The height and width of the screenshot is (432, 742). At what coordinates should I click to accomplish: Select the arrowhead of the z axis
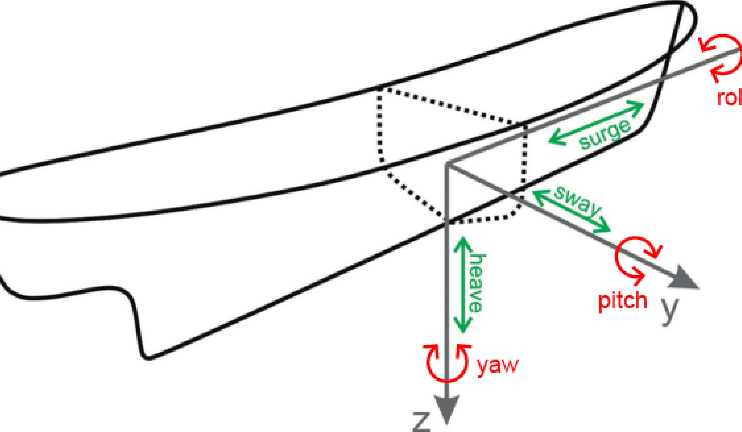tap(447, 410)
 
